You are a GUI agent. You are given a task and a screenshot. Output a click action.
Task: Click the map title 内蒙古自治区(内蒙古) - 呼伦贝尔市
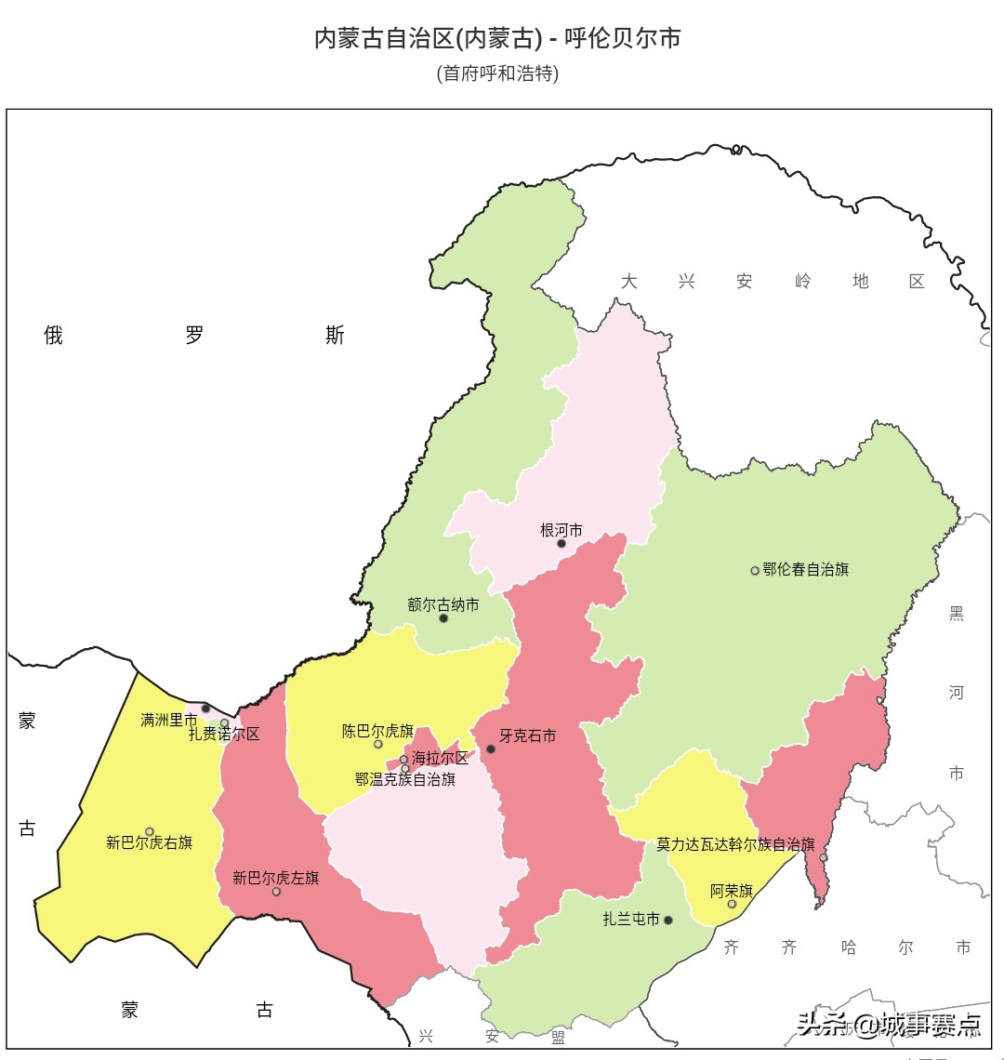point(497,39)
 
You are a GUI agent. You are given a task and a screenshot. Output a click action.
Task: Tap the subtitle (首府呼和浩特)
point(497,73)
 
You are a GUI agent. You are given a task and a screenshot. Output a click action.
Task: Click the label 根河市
point(561,530)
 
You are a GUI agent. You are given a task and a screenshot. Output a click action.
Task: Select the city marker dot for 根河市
point(561,544)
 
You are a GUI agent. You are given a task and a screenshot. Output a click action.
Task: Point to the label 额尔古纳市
point(443,604)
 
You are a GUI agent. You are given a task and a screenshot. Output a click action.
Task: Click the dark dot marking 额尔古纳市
point(443,618)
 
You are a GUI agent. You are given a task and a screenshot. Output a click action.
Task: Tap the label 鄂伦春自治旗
point(806,569)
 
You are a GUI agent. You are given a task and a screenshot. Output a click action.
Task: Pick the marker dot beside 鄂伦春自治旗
point(755,571)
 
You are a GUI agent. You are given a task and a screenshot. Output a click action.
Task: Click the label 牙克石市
point(528,735)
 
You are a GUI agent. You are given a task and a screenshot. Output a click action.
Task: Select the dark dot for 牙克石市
point(491,749)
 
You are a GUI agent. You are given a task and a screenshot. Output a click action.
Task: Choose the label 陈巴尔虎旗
point(377,731)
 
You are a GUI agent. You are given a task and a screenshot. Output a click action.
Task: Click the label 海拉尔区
point(441,758)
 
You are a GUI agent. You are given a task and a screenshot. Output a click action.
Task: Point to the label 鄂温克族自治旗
point(405,779)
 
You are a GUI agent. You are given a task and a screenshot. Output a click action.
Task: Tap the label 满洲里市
point(168,720)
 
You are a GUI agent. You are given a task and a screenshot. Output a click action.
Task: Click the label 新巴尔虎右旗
point(149,843)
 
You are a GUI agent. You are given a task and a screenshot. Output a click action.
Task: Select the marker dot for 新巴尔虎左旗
point(276,892)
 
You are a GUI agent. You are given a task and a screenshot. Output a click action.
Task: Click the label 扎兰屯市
point(631,920)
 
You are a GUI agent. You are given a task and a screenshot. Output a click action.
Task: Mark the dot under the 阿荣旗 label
point(732,904)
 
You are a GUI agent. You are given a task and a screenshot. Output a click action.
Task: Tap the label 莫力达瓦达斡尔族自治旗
point(735,844)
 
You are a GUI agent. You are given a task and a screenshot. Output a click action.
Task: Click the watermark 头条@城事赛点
point(889,1025)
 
